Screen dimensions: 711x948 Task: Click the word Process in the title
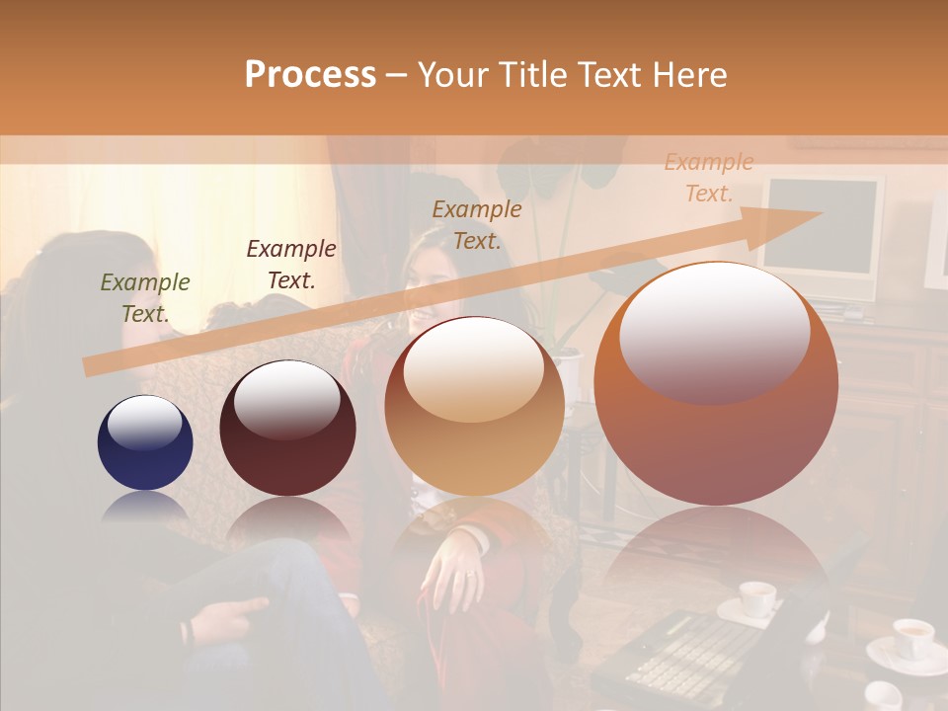[x=310, y=75]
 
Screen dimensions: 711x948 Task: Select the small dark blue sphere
[x=145, y=443]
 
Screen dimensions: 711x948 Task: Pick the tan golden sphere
[x=474, y=407]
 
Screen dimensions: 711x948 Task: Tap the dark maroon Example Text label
[x=291, y=265]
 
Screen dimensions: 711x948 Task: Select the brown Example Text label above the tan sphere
[x=477, y=224]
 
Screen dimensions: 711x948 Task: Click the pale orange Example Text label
[x=708, y=178]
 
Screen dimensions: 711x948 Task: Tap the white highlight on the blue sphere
[x=144, y=423]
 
